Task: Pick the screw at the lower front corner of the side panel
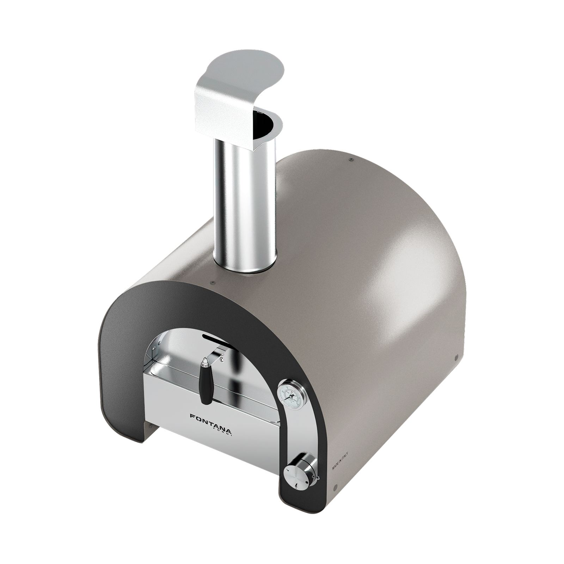point(335,488)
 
